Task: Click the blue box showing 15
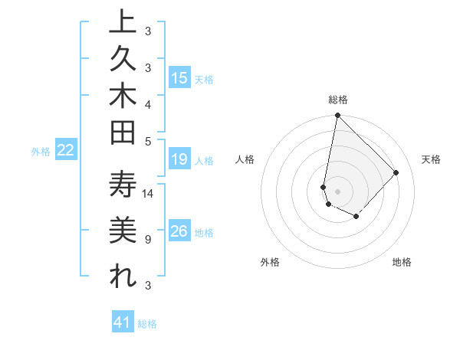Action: (179, 77)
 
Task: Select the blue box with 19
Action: (179, 159)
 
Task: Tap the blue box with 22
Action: (66, 151)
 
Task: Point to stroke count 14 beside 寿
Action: (149, 194)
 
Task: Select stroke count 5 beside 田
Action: (147, 141)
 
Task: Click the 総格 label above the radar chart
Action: (338, 100)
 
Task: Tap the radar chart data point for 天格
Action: (396, 172)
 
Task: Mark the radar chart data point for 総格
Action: (337, 116)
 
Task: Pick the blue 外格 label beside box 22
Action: (41, 152)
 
